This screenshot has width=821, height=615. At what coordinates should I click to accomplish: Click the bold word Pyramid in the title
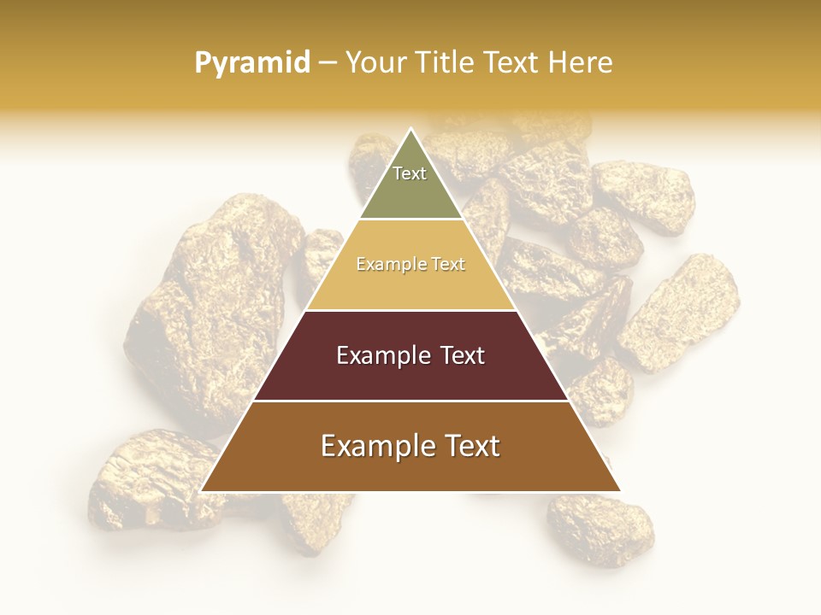click(251, 63)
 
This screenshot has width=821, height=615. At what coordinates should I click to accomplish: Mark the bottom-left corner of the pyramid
click(203, 490)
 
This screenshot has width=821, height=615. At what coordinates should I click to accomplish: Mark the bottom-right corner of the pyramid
click(619, 490)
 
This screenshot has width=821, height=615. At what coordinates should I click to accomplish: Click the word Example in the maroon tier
click(374, 355)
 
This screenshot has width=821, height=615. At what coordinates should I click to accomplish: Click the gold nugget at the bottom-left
click(145, 483)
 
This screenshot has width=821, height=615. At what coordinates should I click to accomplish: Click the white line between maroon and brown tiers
click(410, 401)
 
